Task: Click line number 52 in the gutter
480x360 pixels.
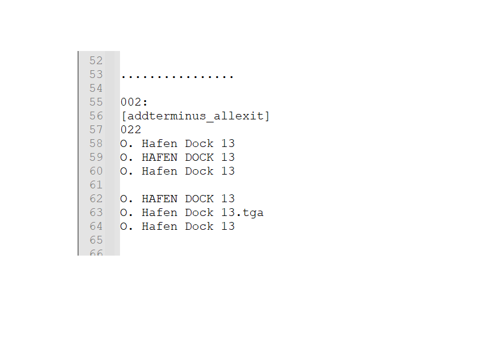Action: click(x=96, y=61)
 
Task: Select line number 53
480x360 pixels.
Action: click(x=96, y=74)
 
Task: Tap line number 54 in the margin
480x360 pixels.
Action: click(x=96, y=88)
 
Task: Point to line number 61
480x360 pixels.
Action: click(x=96, y=185)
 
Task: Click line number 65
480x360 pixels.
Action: click(x=96, y=240)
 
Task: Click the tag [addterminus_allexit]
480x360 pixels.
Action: click(x=195, y=116)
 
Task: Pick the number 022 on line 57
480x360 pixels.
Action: click(x=130, y=130)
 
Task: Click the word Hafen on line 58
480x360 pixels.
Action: click(x=160, y=143)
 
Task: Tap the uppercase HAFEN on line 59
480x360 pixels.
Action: click(x=160, y=157)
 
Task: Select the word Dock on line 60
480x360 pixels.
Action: click(x=199, y=171)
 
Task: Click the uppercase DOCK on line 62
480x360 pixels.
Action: click(x=199, y=199)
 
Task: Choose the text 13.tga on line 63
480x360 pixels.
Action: click(x=242, y=212)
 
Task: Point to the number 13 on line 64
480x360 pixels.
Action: click(x=227, y=226)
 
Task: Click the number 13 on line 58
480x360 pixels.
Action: click(x=227, y=143)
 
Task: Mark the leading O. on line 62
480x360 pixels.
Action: click(x=127, y=199)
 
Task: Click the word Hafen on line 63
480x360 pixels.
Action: click(x=160, y=212)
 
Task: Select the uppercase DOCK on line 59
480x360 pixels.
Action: click(x=199, y=157)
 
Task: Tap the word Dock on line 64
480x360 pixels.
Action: click(x=199, y=226)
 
